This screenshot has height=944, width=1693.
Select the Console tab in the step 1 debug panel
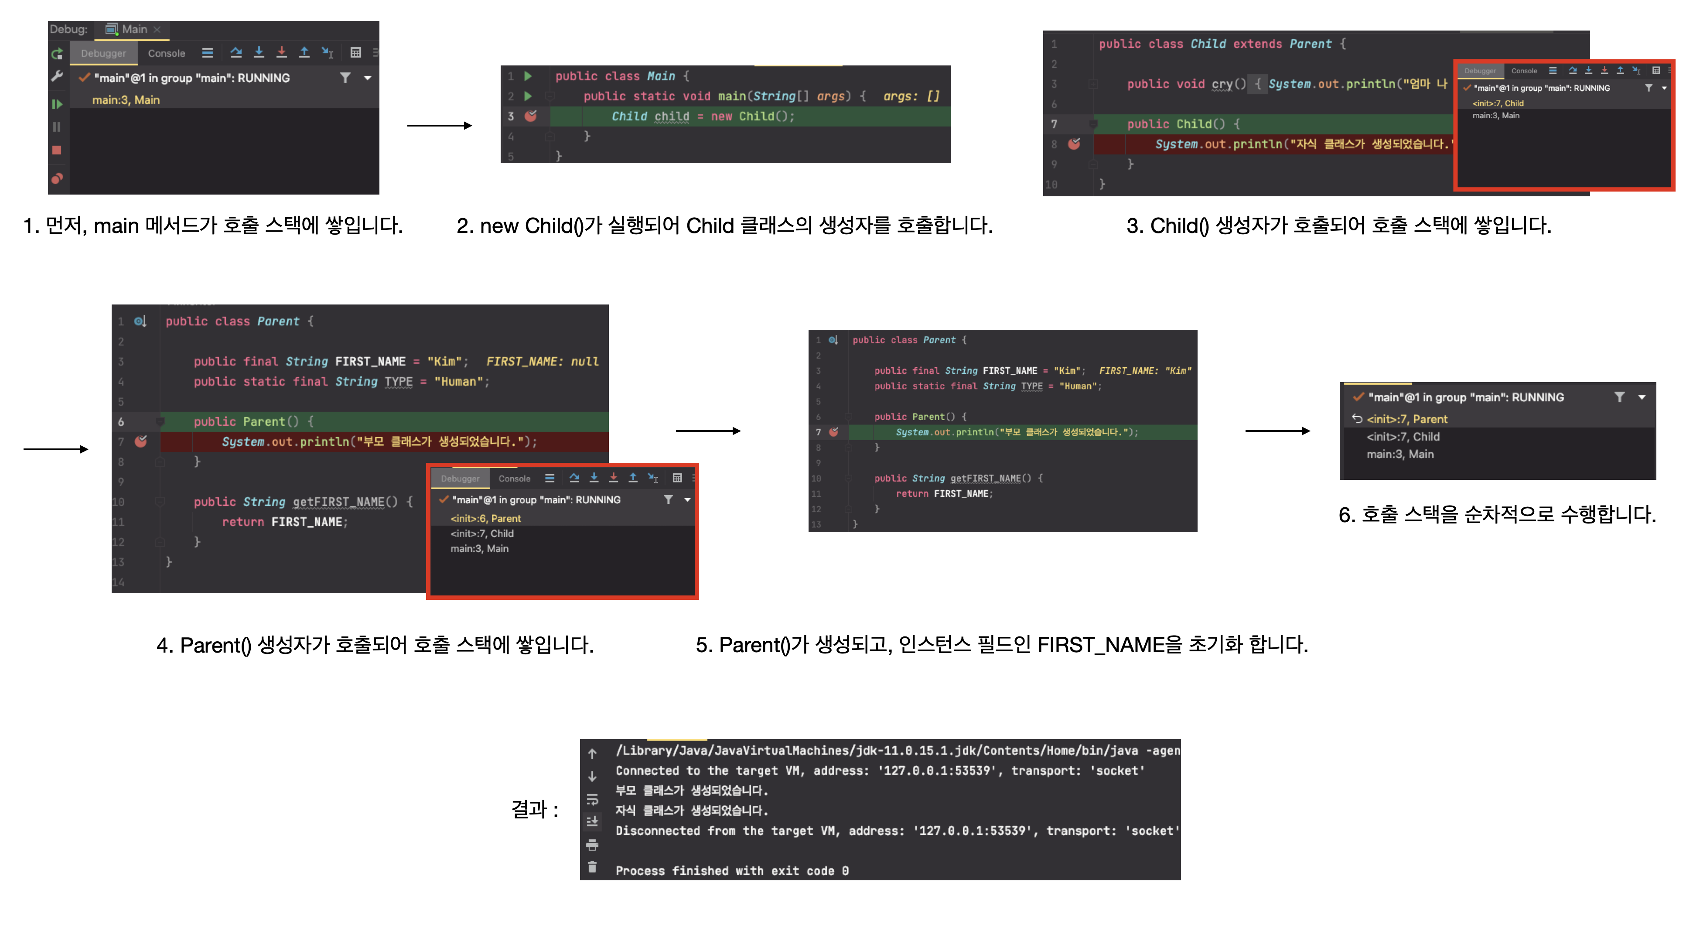pyautogui.click(x=166, y=53)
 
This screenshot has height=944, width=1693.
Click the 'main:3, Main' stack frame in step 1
pyautogui.click(x=126, y=100)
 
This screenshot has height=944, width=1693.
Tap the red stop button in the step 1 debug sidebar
pyautogui.click(x=57, y=150)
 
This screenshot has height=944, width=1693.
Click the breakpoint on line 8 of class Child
pyautogui.click(x=1074, y=144)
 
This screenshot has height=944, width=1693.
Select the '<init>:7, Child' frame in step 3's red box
pyautogui.click(x=1498, y=103)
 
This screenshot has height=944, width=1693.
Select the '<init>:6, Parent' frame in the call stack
pyautogui.click(x=486, y=519)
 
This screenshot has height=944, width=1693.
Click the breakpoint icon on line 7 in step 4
pyautogui.click(x=140, y=441)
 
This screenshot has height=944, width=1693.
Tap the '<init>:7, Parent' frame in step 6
pyautogui.click(x=1407, y=419)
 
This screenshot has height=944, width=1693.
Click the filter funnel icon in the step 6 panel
pyautogui.click(x=1619, y=397)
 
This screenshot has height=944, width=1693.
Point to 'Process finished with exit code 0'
pyautogui.click(x=731, y=871)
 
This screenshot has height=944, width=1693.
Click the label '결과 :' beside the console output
pyautogui.click(x=534, y=809)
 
